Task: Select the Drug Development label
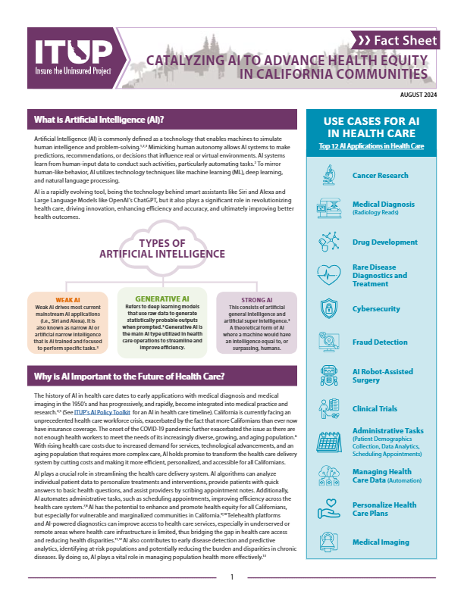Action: pyautogui.click(x=385, y=242)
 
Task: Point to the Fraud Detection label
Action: pyautogui.click(x=381, y=342)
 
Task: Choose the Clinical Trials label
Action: pyautogui.click(x=375, y=409)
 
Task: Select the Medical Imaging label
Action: pyautogui.click(x=381, y=542)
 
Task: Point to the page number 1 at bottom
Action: pyautogui.click(x=232, y=577)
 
